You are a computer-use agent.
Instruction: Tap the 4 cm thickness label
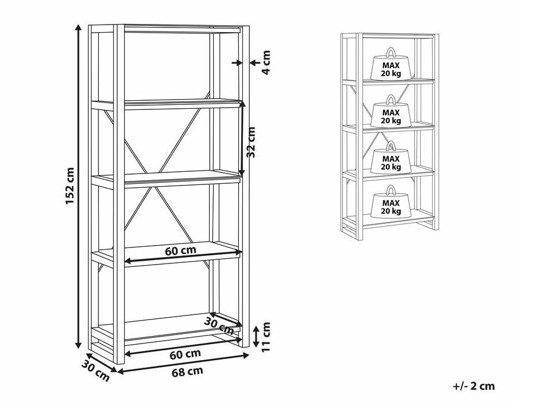tap(266, 62)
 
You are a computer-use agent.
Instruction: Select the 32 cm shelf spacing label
tap(250, 142)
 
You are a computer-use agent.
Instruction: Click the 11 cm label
tap(266, 337)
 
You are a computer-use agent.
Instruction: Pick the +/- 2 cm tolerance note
tap(474, 386)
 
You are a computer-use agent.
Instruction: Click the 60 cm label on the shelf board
tap(181, 251)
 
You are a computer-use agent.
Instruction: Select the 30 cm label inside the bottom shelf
tap(219, 326)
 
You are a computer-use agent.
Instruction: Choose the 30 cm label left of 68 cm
tap(95, 371)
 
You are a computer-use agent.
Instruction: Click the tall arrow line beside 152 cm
tap(78, 186)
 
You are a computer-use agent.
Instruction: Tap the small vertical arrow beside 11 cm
tap(256, 337)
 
